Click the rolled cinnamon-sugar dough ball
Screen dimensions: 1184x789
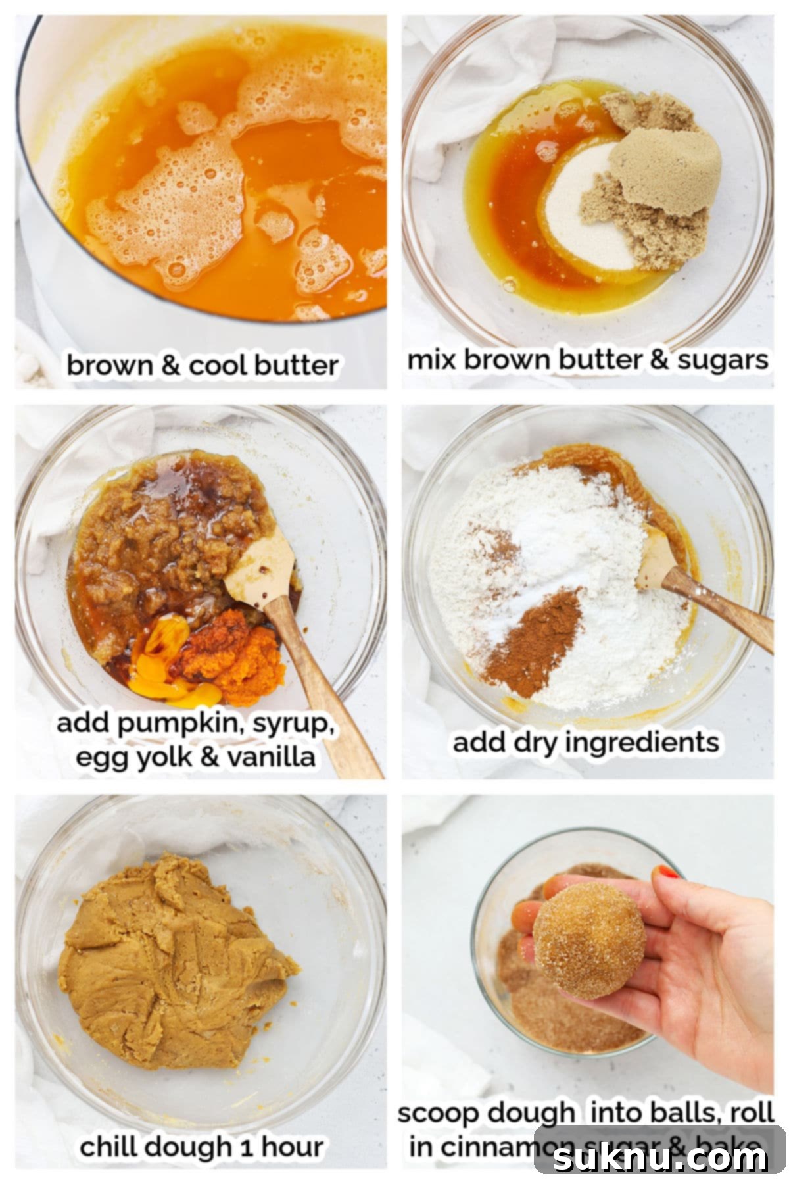point(588,941)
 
